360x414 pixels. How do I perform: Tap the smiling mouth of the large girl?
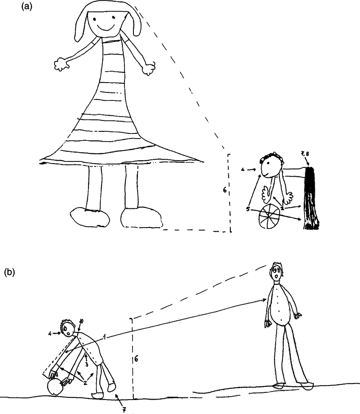click(104, 28)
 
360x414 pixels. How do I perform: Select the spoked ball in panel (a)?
click(270, 217)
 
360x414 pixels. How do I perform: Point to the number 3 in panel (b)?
click(86, 364)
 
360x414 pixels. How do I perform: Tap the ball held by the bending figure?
click(55, 387)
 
